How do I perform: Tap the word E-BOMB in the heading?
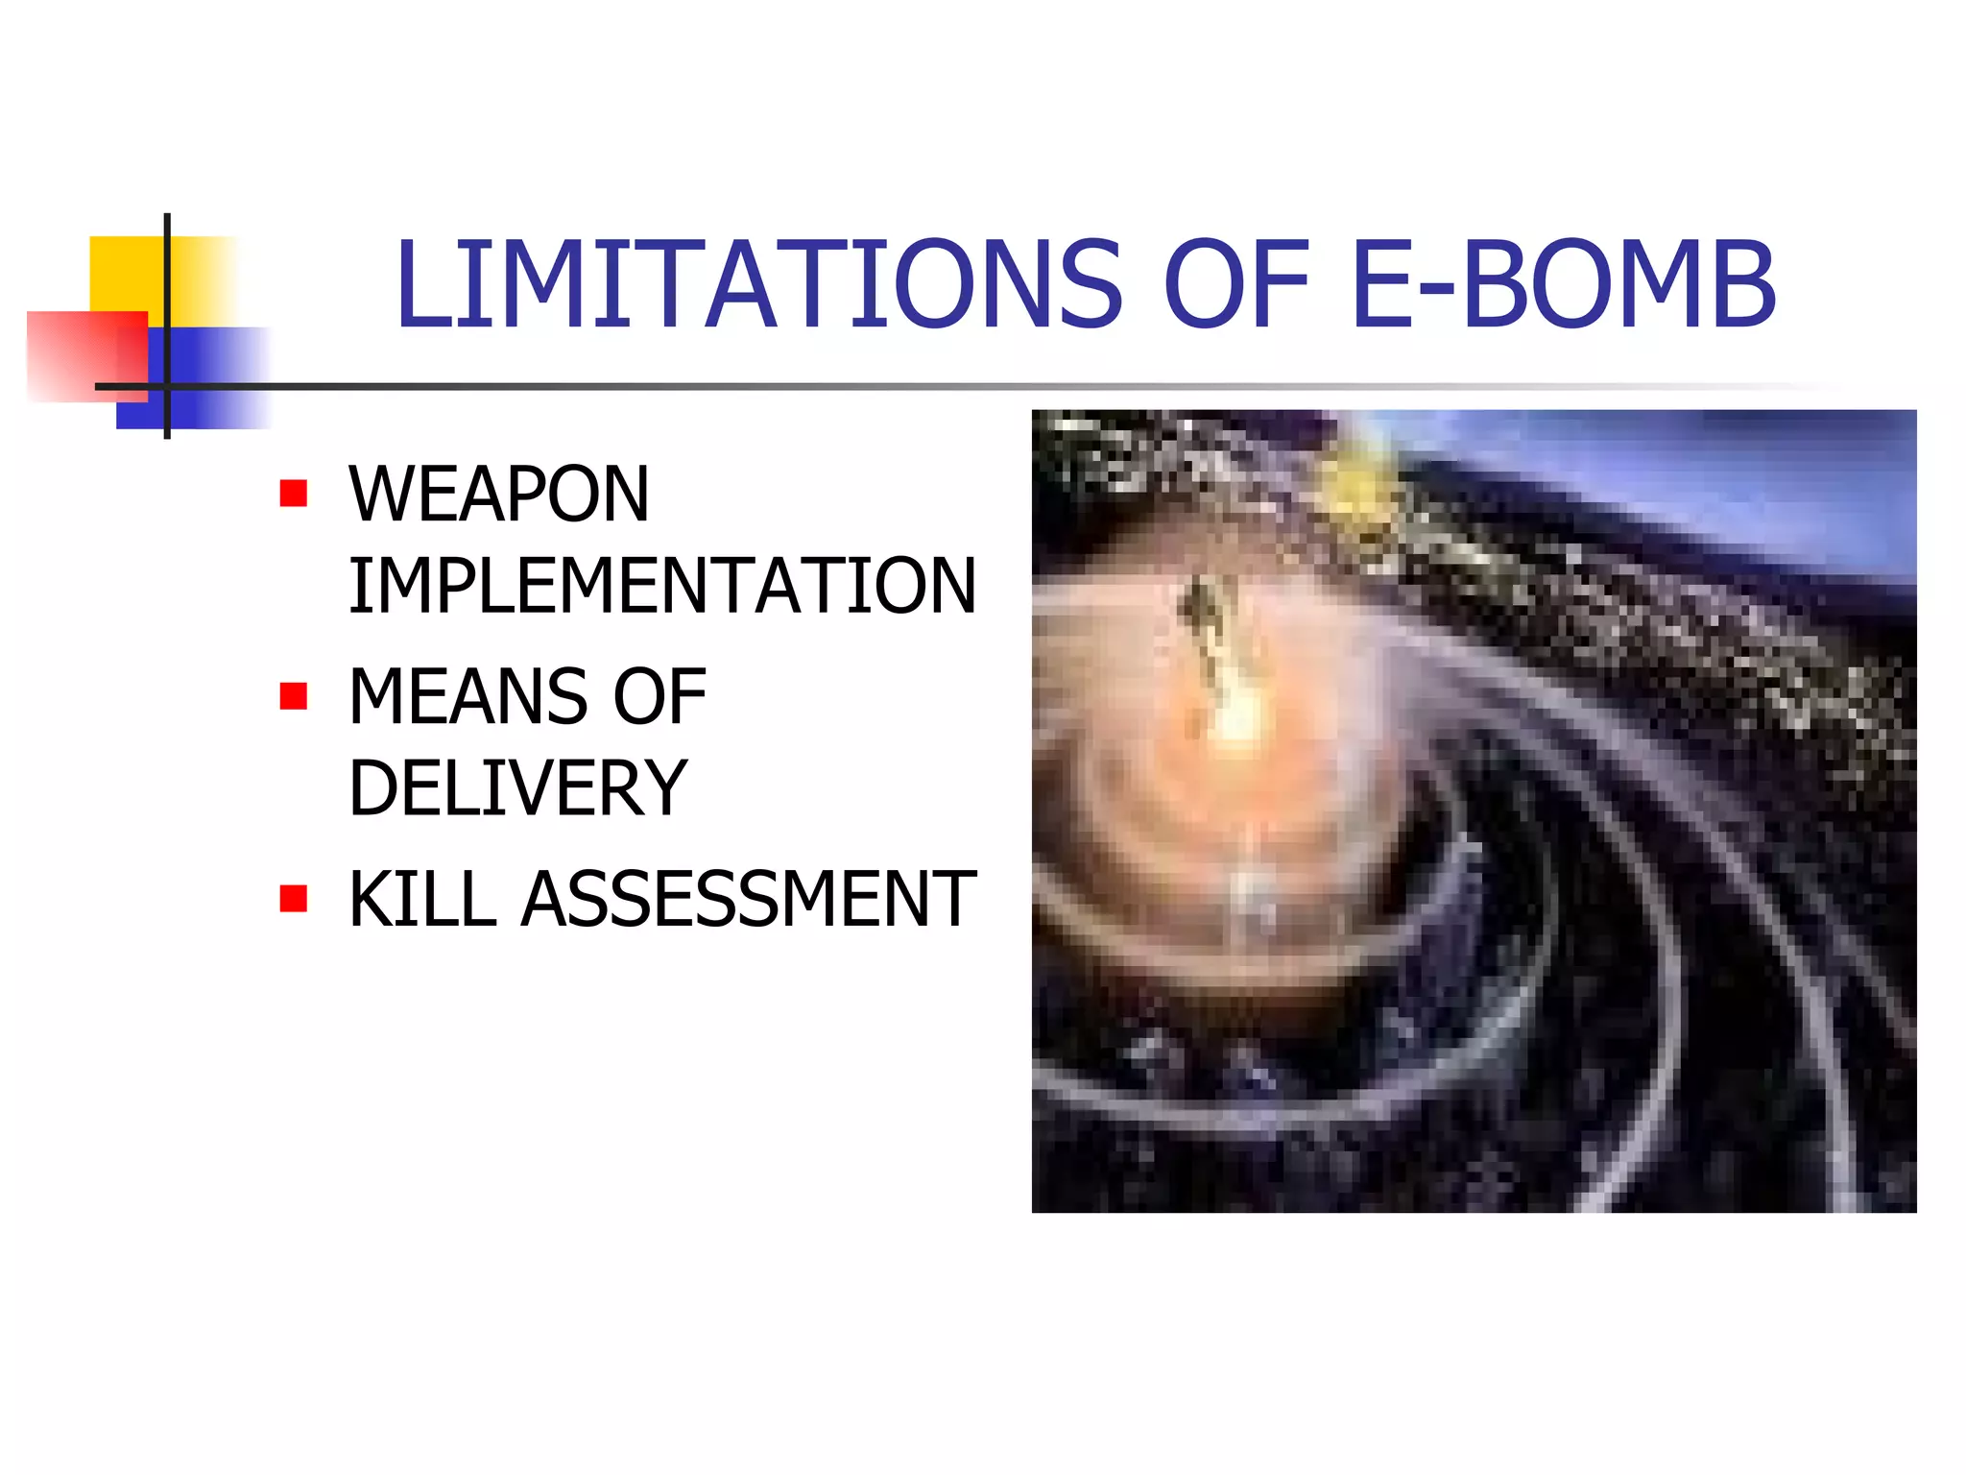1564,285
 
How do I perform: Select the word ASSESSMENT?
749,900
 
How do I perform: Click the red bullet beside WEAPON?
294,494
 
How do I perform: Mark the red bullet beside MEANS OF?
294,696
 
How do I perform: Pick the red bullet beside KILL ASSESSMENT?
294,899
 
